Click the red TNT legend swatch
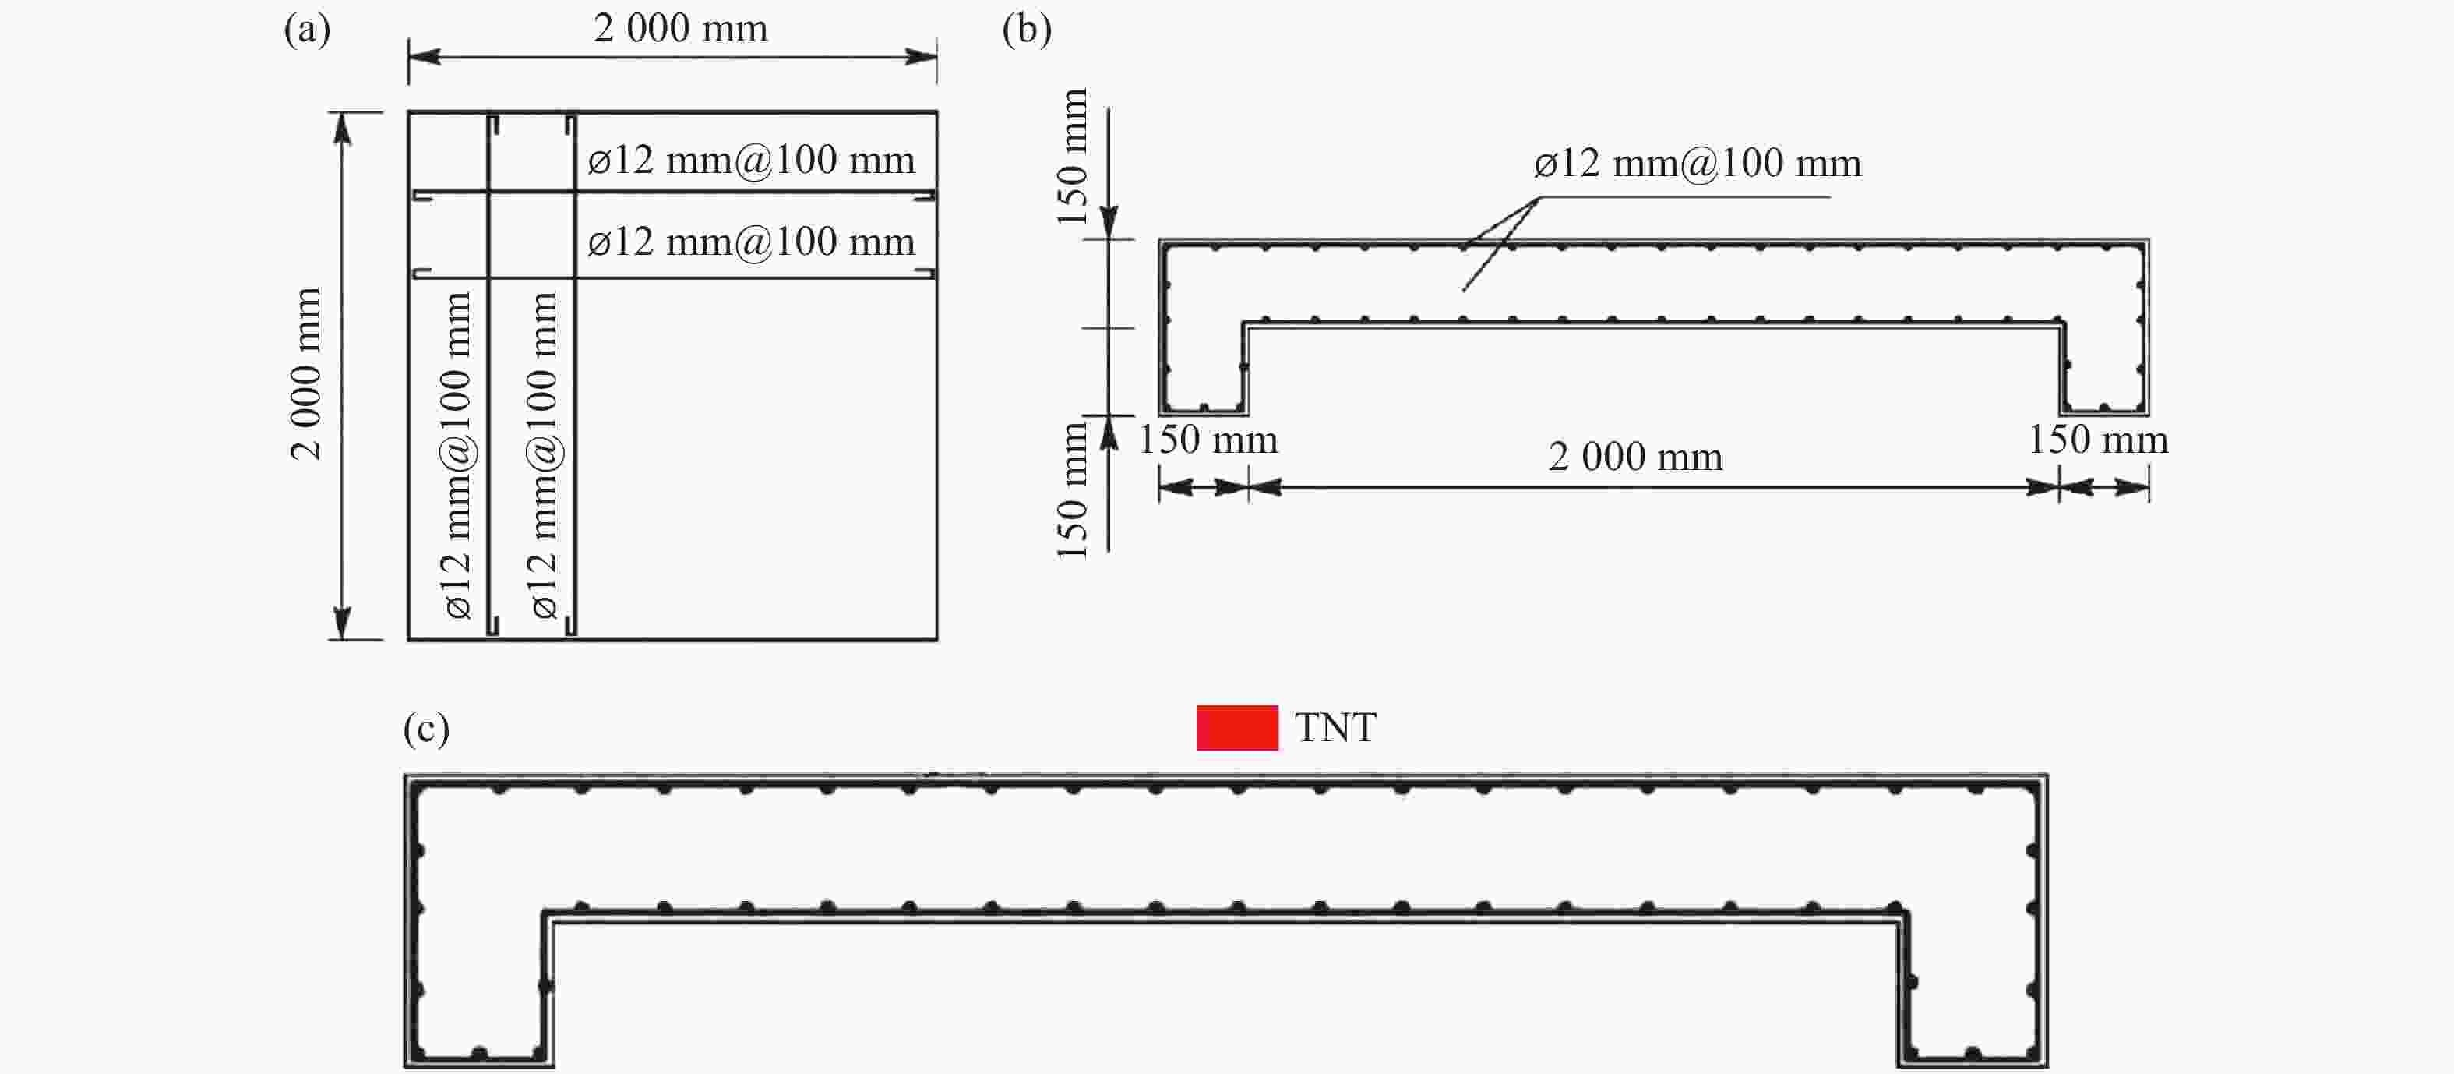tap(1236, 727)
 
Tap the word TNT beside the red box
tap(1335, 728)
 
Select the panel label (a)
tap(307, 30)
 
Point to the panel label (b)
tap(1027, 30)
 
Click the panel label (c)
tap(426, 729)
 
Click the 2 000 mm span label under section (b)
tap(1634, 457)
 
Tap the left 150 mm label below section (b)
tap(1208, 440)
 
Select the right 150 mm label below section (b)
tap(2099, 440)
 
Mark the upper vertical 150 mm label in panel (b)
tap(1072, 157)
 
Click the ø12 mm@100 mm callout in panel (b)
tap(1698, 163)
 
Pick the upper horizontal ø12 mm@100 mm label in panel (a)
tap(752, 159)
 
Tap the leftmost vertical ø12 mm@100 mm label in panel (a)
tap(457, 455)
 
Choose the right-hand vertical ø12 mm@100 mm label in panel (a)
tap(543, 455)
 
